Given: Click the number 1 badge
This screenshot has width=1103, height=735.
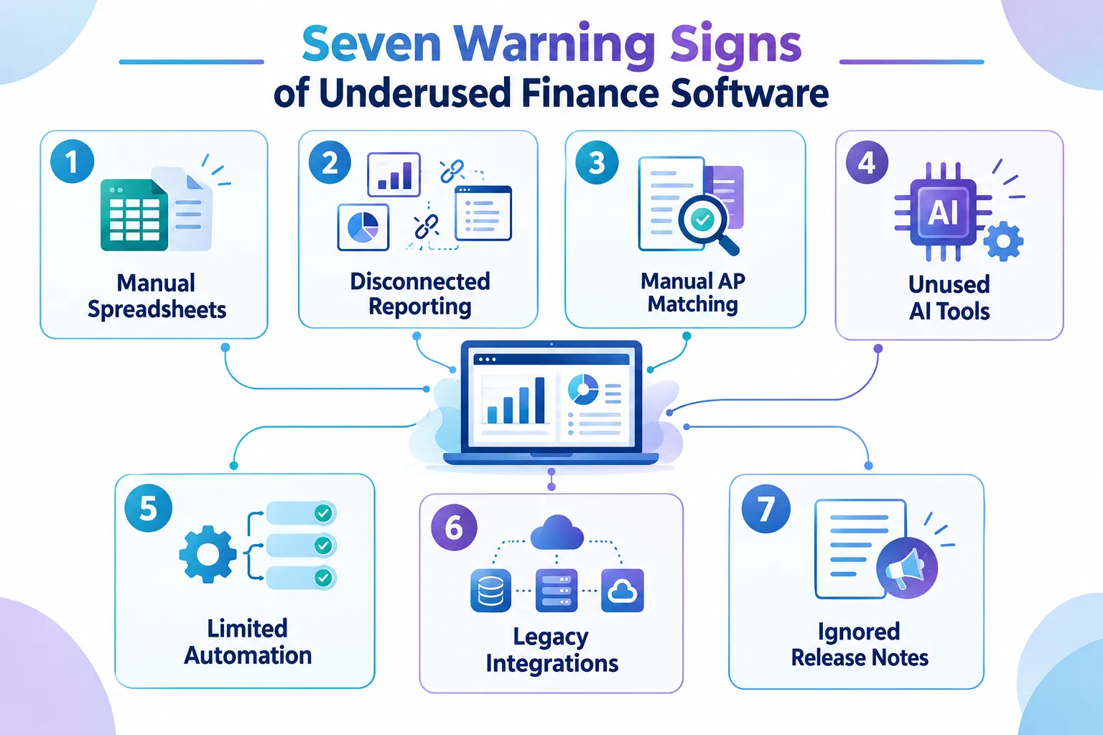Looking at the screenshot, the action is point(72,161).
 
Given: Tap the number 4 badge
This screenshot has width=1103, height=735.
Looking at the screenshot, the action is point(867,162).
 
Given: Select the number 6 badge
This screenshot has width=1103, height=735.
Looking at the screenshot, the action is point(454,528).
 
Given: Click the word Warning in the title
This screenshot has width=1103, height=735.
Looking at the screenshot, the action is point(554,45).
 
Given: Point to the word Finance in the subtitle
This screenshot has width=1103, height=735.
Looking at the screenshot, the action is point(590,93).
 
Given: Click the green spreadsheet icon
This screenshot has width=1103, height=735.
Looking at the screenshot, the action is point(134,215).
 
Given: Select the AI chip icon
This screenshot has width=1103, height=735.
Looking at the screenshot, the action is point(942,212).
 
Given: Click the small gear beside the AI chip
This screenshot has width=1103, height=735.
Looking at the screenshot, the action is point(1003,241).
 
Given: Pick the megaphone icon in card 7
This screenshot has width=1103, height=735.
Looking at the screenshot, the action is point(907,567).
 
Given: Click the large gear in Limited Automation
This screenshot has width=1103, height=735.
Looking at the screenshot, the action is point(208,554).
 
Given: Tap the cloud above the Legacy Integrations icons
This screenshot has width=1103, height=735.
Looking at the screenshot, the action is point(557,533).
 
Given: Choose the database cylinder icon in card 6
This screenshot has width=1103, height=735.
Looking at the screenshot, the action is point(490,590).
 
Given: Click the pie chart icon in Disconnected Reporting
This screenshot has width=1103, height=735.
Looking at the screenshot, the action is point(363,228).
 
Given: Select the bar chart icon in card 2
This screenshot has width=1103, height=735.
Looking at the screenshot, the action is point(394,174).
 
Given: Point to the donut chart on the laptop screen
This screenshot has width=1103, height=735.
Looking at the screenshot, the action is point(583,390).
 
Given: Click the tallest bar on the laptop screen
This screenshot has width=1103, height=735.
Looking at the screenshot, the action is point(540,401).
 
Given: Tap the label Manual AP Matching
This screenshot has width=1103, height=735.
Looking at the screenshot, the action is point(693,292).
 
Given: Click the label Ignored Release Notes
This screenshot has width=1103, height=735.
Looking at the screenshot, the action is point(860,645).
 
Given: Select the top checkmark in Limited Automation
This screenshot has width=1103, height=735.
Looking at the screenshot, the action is point(323,513).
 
